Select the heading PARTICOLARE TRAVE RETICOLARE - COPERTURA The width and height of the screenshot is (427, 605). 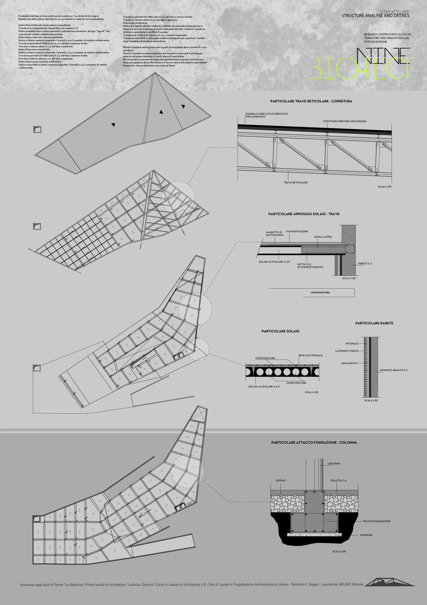point(311,101)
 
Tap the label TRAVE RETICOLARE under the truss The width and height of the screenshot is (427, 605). point(296,182)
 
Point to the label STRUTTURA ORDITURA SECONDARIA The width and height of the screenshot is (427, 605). point(344,121)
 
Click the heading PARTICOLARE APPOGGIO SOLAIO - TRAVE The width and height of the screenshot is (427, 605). point(304,214)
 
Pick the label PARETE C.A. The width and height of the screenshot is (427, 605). point(365,263)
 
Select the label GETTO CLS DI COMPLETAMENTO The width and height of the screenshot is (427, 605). point(310,266)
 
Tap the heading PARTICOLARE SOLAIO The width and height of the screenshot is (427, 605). point(280,331)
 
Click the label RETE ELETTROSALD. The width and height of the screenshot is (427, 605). point(311,355)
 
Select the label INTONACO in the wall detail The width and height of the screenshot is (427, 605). point(352,343)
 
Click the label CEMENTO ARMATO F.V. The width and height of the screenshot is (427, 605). point(394,370)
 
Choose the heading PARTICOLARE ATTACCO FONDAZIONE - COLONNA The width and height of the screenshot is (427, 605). point(314,442)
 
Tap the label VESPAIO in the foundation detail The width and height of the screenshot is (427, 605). point(280,480)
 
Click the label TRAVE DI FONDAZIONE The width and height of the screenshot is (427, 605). point(376,521)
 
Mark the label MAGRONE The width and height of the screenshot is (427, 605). point(366,535)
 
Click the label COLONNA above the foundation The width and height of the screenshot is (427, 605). point(334,463)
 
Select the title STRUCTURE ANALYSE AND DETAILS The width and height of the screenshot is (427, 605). point(375,16)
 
